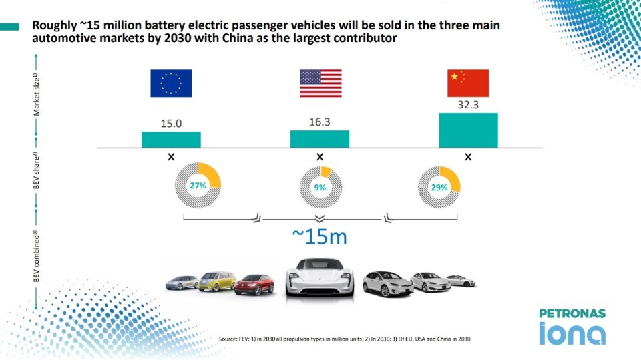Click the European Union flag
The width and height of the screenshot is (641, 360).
[171, 83]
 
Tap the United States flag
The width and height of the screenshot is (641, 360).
[320, 83]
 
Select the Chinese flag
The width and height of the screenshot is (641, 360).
[468, 83]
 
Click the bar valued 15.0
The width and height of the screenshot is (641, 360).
[171, 139]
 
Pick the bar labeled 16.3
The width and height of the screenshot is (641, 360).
[320, 138]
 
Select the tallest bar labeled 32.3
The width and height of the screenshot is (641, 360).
[468, 130]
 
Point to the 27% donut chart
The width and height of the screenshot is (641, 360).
[198, 186]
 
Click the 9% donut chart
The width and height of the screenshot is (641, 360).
[320, 187]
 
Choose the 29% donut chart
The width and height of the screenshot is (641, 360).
[439, 188]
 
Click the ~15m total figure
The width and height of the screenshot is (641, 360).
[320, 236]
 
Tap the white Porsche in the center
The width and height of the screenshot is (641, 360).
[319, 278]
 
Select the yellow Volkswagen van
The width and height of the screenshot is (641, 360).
[217, 283]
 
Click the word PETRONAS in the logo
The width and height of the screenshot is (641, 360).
[572, 313]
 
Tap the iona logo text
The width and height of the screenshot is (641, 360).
[572, 333]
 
